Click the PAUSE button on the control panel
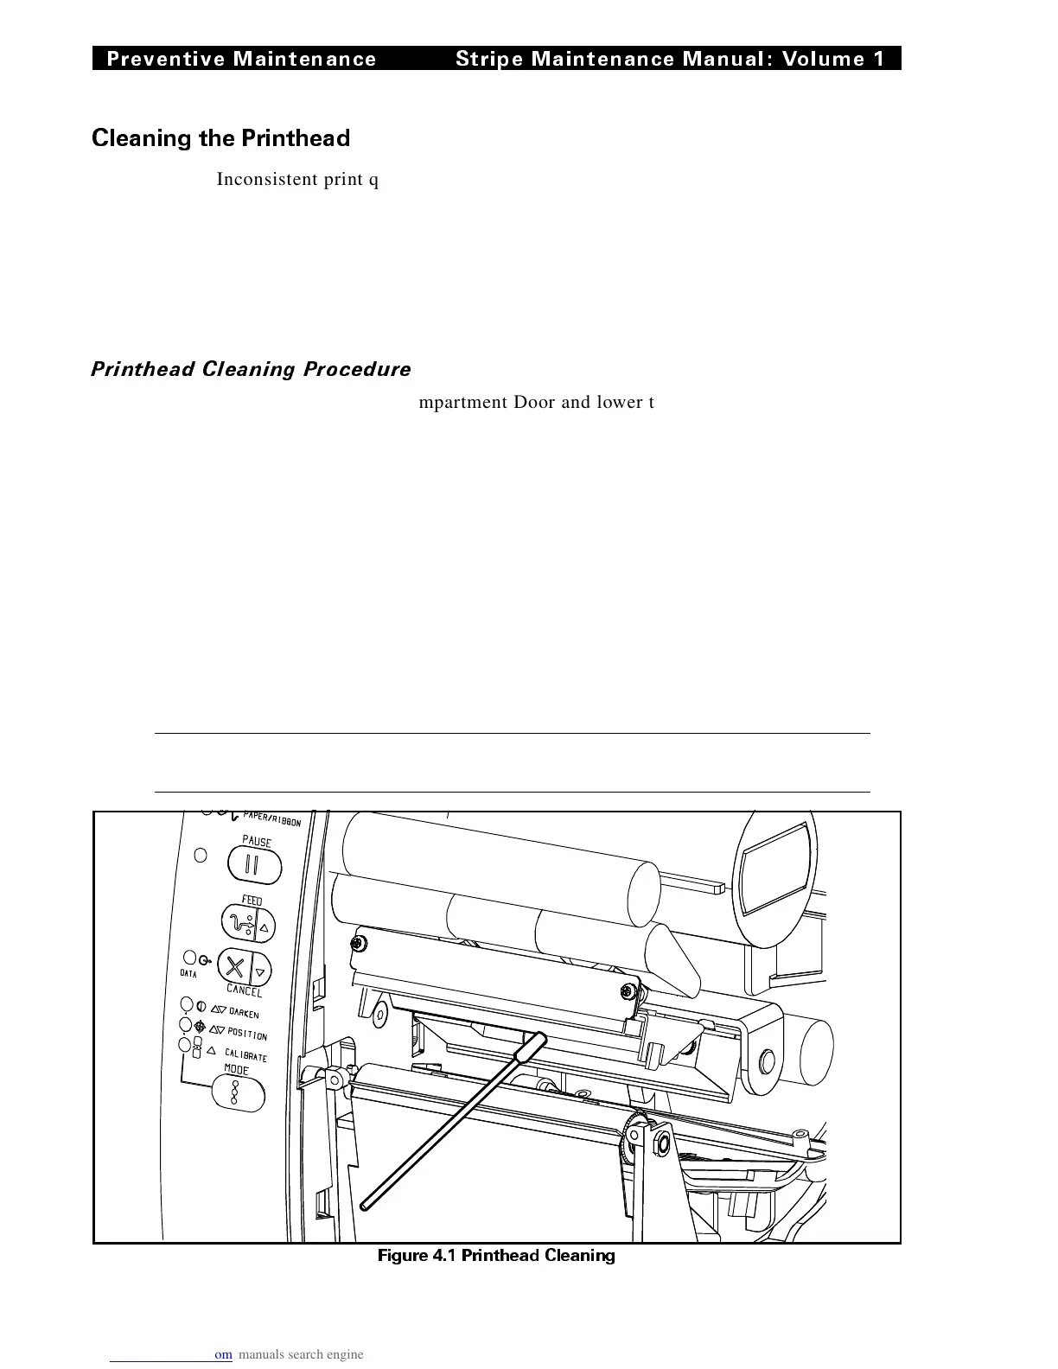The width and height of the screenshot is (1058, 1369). click(x=254, y=864)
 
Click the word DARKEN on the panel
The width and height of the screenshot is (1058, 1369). click(x=244, y=1013)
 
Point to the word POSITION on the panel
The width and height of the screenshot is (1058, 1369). click(x=247, y=1034)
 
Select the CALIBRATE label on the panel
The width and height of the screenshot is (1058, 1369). click(x=246, y=1054)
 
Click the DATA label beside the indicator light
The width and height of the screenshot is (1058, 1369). click(x=188, y=974)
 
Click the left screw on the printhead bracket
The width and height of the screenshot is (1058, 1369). click(x=355, y=943)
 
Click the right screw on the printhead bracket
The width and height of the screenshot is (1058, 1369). click(x=628, y=990)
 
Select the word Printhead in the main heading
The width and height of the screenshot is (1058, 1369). click(x=296, y=138)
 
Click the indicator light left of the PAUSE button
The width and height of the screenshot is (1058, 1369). click(x=200, y=856)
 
